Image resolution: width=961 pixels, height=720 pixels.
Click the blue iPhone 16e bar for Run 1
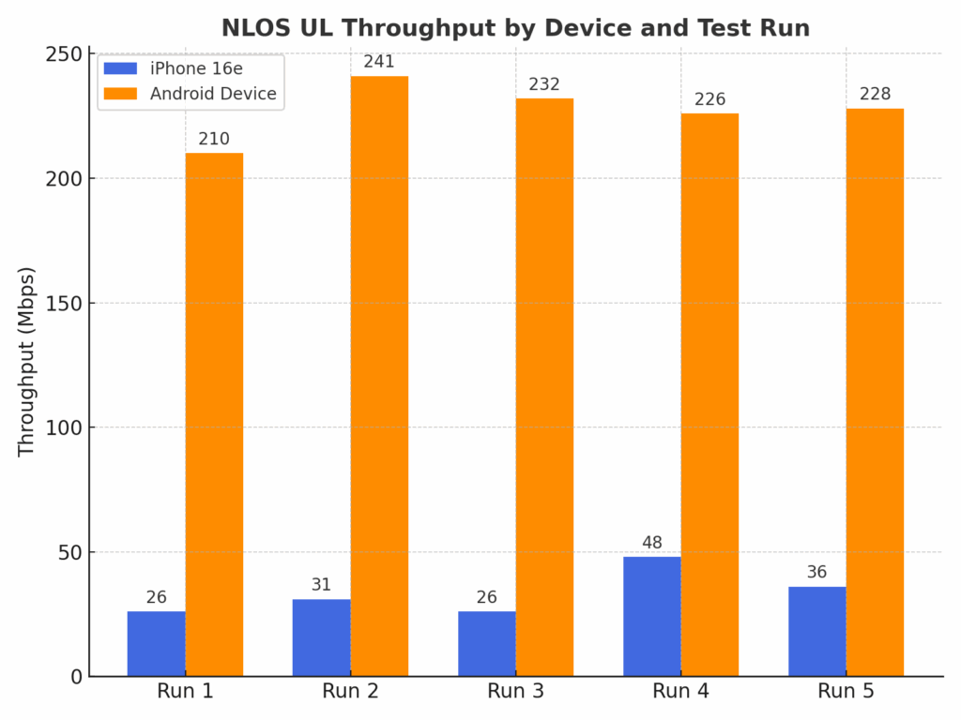click(x=157, y=643)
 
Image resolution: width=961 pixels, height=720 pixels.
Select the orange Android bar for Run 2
click(x=379, y=375)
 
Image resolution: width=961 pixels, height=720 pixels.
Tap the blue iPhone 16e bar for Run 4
click(x=652, y=616)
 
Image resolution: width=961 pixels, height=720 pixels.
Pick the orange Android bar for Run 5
click(x=875, y=392)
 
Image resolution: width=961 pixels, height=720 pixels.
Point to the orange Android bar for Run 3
click(x=544, y=386)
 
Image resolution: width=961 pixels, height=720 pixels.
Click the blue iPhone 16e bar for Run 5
click(x=817, y=631)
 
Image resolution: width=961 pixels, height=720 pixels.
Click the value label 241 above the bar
click(x=379, y=62)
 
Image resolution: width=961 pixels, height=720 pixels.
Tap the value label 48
click(x=652, y=543)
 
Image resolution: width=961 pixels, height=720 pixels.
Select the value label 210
click(x=214, y=139)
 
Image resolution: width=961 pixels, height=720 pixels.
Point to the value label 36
click(x=817, y=572)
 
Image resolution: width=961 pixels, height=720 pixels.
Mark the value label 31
click(x=321, y=585)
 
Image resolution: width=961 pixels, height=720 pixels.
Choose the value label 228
click(x=875, y=95)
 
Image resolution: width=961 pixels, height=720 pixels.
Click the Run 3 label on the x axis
click(x=515, y=692)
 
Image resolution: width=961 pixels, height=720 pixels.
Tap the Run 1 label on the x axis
click(x=185, y=692)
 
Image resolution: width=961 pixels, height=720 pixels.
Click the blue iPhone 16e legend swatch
click(x=120, y=68)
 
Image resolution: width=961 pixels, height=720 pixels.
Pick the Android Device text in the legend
click(x=213, y=94)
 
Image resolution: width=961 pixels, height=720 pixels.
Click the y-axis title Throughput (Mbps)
click(x=26, y=362)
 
